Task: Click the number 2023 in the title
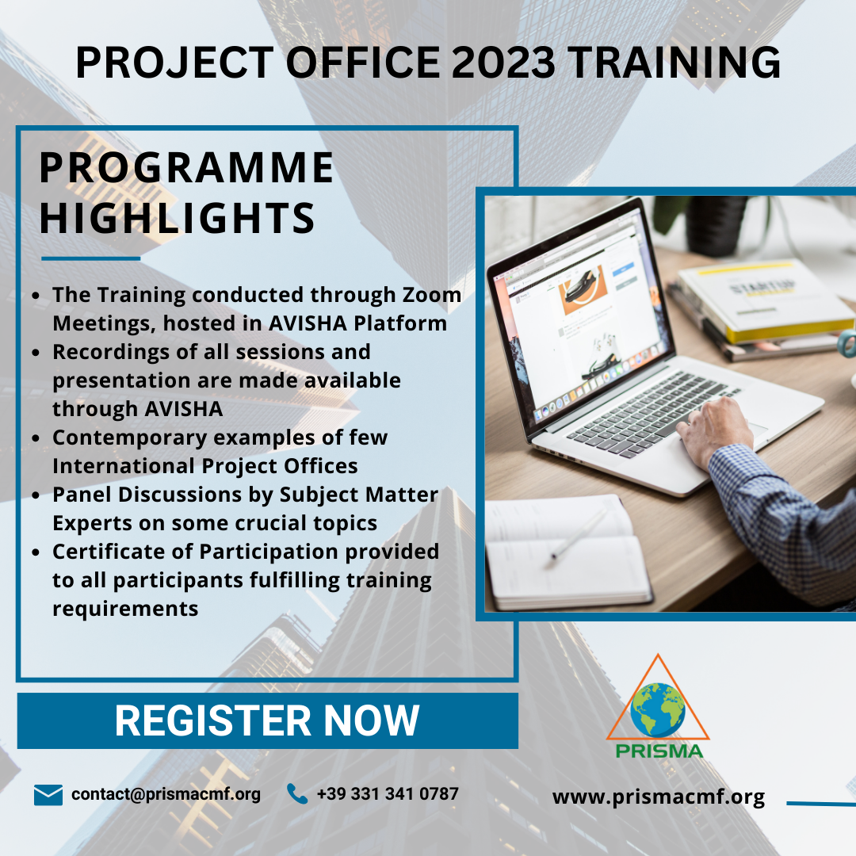click(503, 63)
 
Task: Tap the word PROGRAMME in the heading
click(187, 167)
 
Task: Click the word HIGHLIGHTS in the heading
click(178, 217)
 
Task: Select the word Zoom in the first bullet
click(432, 295)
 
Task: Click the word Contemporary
click(129, 438)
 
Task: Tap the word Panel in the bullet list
click(82, 495)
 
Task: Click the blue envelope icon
click(48, 795)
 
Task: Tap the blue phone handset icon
click(297, 793)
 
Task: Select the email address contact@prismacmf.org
click(166, 794)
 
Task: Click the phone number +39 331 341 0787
click(388, 793)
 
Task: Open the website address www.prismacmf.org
click(659, 797)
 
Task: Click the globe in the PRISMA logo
click(658, 710)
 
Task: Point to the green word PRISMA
click(659, 751)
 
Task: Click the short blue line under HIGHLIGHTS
click(90, 258)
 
